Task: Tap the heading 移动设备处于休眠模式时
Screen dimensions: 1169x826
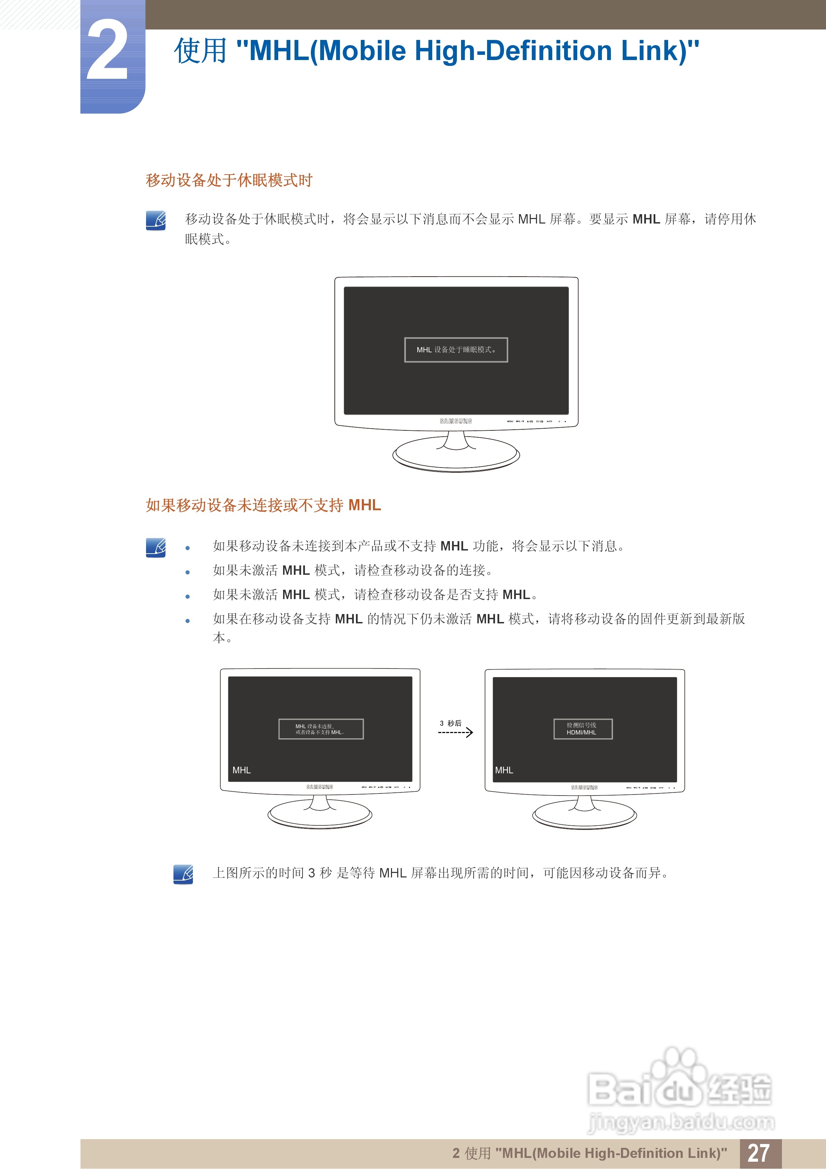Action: (x=229, y=180)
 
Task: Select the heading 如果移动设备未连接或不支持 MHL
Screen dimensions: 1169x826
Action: (x=263, y=505)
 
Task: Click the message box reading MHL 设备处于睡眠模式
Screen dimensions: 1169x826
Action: (x=456, y=350)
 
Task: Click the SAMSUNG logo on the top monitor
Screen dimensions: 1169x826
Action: (x=456, y=421)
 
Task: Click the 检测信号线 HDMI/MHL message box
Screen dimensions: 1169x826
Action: (x=583, y=729)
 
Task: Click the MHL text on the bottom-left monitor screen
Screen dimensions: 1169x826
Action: (x=241, y=770)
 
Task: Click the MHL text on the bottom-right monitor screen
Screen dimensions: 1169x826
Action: (x=504, y=770)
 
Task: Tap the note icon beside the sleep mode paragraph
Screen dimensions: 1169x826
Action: (x=156, y=220)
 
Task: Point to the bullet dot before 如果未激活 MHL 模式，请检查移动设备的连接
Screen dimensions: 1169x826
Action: (x=188, y=572)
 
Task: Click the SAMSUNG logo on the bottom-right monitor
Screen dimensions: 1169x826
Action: (x=584, y=787)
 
